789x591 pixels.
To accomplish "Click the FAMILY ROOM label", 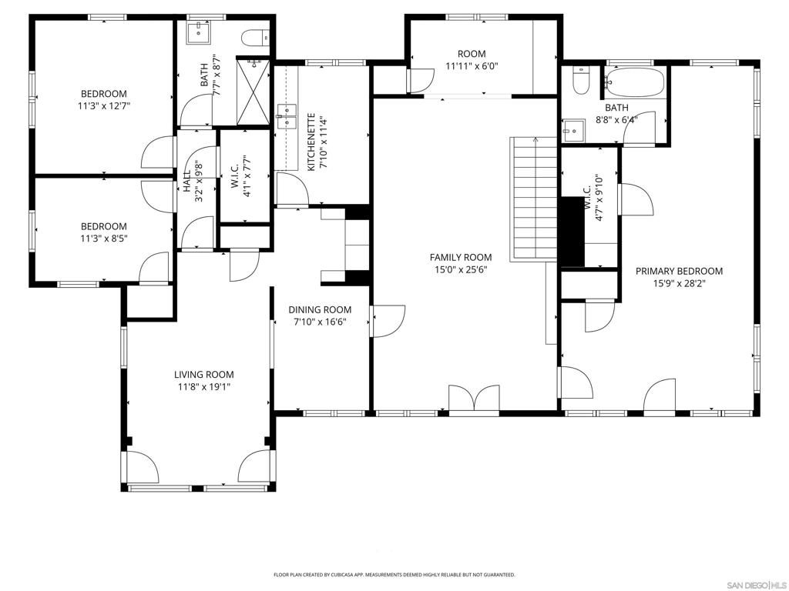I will pyautogui.click(x=460, y=258).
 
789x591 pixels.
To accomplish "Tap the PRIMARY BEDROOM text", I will pyautogui.click(x=679, y=271).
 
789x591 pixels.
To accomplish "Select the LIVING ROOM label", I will pyautogui.click(x=203, y=375).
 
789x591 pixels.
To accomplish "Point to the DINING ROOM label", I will pyautogui.click(x=320, y=310).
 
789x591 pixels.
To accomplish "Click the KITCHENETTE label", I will pyautogui.click(x=311, y=142).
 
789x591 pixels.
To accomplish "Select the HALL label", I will pyautogui.click(x=187, y=181).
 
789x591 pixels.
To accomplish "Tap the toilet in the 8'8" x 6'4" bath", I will pyautogui.click(x=580, y=80).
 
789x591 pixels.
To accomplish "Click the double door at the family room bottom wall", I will pyautogui.click(x=474, y=400).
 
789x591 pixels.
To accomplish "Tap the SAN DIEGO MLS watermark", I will pyautogui.click(x=754, y=583).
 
